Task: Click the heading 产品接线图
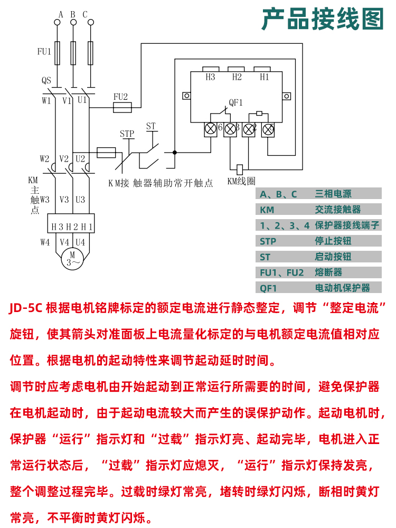tap(323, 20)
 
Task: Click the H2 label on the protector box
tap(237, 77)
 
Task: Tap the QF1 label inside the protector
tap(235, 102)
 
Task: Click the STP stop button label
tap(127, 134)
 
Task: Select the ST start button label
tap(151, 126)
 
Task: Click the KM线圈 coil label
tap(241, 181)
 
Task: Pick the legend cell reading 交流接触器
tap(341, 210)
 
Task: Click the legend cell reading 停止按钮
tap(333, 241)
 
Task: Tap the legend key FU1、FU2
tap(282, 272)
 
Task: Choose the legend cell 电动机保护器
tap(343, 288)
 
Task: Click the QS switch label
tap(46, 81)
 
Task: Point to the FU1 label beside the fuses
tap(44, 52)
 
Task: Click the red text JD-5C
tap(26, 309)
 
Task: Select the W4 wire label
tap(45, 242)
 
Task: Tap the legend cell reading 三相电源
tap(333, 194)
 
